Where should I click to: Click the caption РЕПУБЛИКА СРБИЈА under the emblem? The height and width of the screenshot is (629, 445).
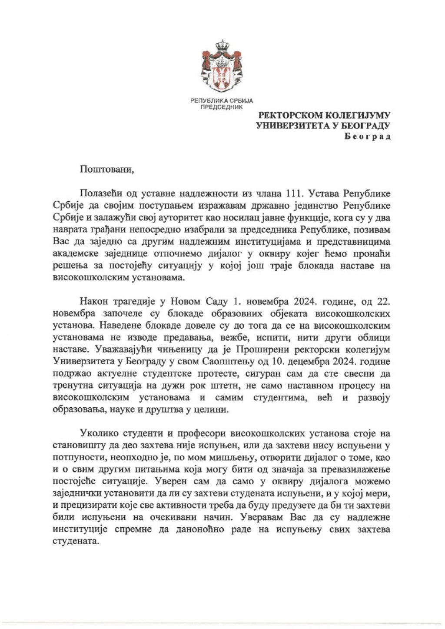click(222, 101)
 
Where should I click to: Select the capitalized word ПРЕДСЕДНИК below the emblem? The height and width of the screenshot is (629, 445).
click(222, 107)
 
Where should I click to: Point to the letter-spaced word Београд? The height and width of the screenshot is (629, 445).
click(368, 136)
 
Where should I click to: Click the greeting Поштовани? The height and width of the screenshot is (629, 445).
click(107, 169)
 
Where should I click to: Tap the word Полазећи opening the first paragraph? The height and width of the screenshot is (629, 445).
click(101, 193)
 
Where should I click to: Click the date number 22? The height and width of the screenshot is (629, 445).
click(383, 301)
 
